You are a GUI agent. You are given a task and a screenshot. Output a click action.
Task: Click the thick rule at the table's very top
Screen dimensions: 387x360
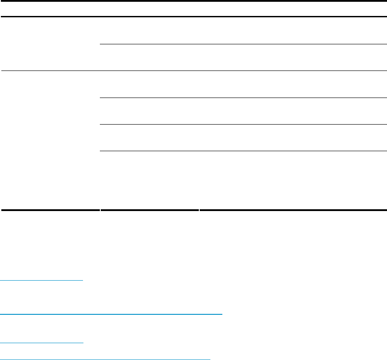point(193,1)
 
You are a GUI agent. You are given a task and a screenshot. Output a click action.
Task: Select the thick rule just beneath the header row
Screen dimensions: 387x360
point(193,17)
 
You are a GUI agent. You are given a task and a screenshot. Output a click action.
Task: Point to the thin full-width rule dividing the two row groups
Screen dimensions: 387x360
point(193,70)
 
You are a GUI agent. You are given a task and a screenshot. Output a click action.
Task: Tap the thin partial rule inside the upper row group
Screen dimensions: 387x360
point(243,44)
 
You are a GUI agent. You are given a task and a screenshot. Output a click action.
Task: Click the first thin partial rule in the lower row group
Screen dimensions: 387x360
point(243,98)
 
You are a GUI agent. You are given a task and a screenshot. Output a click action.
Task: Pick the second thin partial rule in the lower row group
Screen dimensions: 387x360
point(243,124)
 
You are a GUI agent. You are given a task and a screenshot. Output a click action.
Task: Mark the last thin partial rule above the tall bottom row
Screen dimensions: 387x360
point(243,151)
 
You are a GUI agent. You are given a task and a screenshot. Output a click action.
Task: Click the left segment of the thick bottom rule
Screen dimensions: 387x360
point(50,209)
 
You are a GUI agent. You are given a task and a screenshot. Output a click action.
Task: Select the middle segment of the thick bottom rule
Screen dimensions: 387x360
point(150,209)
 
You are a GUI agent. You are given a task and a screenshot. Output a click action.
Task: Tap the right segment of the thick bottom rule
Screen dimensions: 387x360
point(293,209)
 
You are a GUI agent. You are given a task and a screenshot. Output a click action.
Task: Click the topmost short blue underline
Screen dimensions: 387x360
point(42,280)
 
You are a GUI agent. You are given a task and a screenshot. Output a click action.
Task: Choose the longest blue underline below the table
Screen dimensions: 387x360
point(111,314)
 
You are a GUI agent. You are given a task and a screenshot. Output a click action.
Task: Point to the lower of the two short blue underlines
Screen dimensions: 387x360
point(42,342)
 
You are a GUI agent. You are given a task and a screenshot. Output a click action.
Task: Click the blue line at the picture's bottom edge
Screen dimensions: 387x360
point(105,359)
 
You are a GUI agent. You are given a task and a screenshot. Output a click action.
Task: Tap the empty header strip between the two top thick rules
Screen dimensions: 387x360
point(193,9)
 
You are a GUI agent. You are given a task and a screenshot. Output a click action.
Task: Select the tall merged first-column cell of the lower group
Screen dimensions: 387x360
point(50,140)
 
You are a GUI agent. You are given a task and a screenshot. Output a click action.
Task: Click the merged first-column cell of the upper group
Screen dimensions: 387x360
point(50,44)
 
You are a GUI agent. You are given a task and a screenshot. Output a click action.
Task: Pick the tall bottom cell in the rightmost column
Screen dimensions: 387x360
point(293,180)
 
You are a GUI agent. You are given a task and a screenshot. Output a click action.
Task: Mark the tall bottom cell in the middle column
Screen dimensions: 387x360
point(150,180)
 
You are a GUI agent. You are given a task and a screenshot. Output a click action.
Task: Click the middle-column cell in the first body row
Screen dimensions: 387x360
point(150,31)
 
